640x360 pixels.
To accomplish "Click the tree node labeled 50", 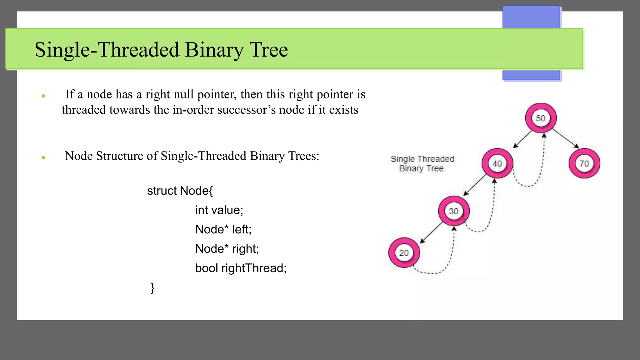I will click(541, 118).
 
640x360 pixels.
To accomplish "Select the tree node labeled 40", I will click(497, 163).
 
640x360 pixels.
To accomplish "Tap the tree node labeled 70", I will click(584, 163).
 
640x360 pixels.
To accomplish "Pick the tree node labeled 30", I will click(454, 211).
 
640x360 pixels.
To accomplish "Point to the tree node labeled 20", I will click(404, 253).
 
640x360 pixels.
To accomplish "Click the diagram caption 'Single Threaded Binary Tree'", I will click(422, 164).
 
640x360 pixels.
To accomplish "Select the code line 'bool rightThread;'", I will click(241, 268).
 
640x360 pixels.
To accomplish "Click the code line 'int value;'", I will click(219, 210).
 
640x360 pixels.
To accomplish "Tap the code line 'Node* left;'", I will click(223, 229).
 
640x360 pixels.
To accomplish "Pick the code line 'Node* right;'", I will click(227, 249).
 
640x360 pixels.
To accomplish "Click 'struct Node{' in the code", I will click(180, 191).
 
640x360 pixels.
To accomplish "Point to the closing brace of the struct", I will click(152, 287).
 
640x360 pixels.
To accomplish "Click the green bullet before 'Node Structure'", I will click(43, 158).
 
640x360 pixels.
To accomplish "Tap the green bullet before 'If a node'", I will click(43, 96).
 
